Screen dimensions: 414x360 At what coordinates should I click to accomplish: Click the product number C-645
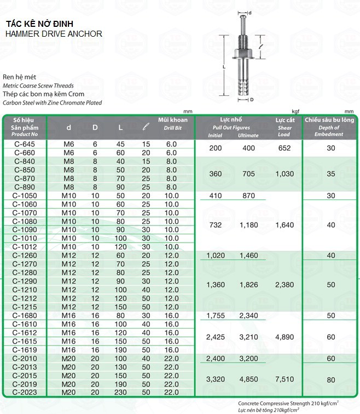click(x=24, y=144)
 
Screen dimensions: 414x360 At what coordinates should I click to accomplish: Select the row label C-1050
click(x=24, y=196)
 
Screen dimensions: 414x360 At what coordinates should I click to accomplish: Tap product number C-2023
click(x=24, y=392)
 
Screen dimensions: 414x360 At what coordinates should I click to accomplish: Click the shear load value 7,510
click(x=284, y=378)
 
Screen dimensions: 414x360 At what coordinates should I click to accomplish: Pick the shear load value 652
click(x=284, y=148)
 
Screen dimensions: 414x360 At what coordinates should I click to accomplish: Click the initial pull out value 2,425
click(x=216, y=337)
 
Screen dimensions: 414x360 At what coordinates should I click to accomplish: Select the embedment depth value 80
click(x=330, y=378)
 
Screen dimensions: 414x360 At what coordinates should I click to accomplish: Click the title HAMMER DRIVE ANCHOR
click(x=53, y=33)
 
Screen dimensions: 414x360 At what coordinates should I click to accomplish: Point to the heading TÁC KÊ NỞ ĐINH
click(x=38, y=24)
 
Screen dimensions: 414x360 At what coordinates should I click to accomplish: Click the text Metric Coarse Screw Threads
click(x=38, y=86)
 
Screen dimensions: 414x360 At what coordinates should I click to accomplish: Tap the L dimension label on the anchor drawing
click(x=224, y=65)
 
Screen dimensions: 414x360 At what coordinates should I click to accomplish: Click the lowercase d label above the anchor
click(x=250, y=13)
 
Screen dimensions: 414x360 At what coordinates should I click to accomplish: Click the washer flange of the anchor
click(x=243, y=55)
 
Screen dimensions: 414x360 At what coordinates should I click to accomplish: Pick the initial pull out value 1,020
click(x=216, y=255)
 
